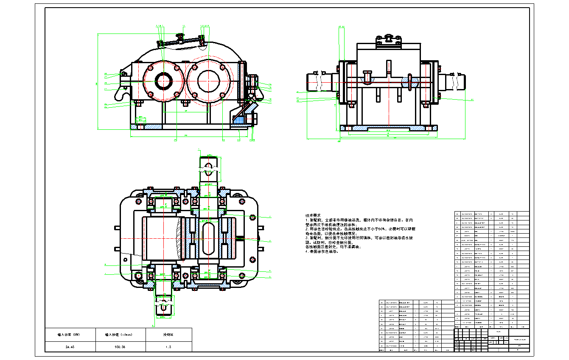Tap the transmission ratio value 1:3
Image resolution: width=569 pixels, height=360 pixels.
[168, 346]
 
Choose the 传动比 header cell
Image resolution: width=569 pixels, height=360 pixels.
[168, 335]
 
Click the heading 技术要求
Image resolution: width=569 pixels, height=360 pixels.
[314, 215]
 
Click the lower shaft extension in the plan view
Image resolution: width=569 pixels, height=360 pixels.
[163, 304]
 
